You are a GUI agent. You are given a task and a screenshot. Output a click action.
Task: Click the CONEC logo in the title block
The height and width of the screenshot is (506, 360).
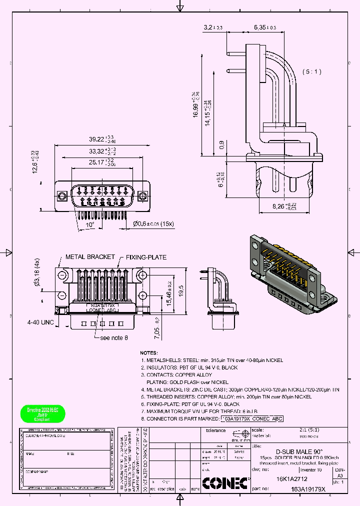click(225, 483)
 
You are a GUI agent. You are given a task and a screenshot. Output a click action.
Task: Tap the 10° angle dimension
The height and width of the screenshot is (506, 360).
click(89, 225)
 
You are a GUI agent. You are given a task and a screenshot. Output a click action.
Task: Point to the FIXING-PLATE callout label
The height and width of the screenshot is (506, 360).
click(146, 257)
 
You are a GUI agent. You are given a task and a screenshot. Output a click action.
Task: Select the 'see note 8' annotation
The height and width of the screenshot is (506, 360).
click(114, 337)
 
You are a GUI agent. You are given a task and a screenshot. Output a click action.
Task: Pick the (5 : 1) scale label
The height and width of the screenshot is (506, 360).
click(311, 71)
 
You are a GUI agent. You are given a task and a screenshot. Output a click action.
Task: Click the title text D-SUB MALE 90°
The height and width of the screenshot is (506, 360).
click(299, 450)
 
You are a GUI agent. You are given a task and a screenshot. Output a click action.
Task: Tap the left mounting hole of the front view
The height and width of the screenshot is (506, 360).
click(62, 195)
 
